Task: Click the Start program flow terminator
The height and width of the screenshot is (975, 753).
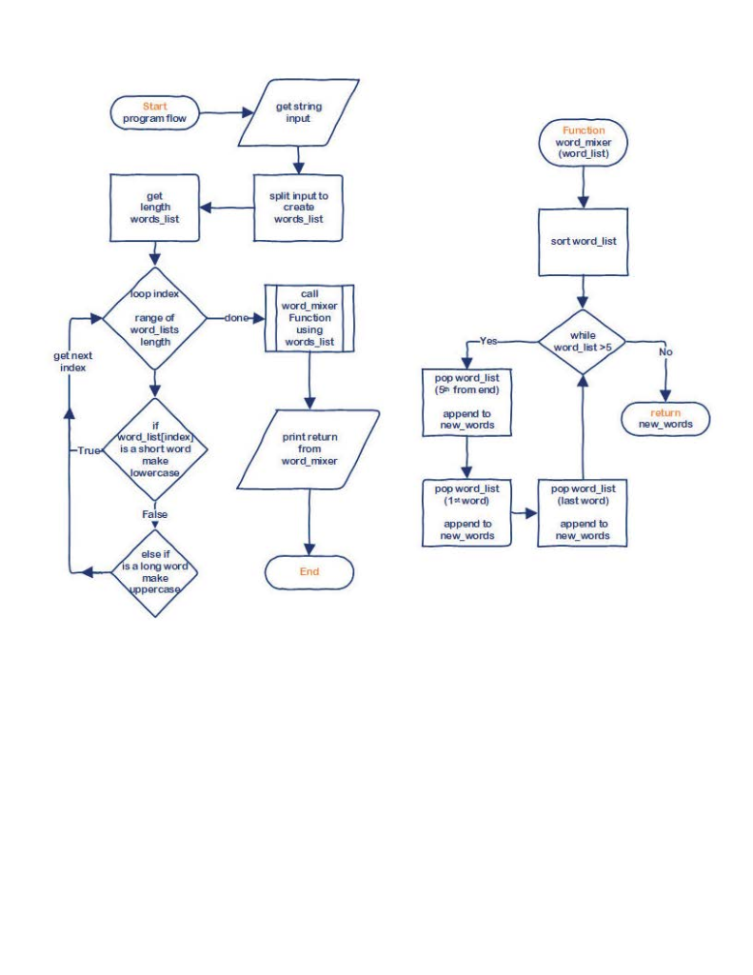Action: point(155,112)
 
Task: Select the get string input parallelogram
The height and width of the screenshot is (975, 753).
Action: point(298,112)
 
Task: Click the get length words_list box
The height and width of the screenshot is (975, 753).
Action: point(155,207)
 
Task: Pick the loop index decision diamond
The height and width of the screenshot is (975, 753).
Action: point(154,317)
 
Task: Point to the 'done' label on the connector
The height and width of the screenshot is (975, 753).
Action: point(235,318)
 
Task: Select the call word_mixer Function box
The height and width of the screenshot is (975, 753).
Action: point(309,318)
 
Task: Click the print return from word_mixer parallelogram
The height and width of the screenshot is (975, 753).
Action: point(309,448)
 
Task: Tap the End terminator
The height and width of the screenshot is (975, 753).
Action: point(309,572)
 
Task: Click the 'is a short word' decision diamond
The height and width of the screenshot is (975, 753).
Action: point(154,448)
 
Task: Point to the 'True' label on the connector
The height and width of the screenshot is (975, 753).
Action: point(89,449)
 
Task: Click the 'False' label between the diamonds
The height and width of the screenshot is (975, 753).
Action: point(154,514)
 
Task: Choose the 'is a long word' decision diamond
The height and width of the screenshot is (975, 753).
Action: point(154,571)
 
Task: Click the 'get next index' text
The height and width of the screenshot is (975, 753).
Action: point(72,361)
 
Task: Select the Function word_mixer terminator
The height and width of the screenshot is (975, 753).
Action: point(584,142)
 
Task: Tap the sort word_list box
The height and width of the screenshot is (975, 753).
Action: point(583,242)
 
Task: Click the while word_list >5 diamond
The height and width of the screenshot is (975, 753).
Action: point(582,341)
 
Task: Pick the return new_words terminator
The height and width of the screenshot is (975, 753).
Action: point(665,418)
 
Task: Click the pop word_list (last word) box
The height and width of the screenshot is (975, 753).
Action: point(583,512)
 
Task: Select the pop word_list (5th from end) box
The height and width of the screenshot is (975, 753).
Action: point(466,401)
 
